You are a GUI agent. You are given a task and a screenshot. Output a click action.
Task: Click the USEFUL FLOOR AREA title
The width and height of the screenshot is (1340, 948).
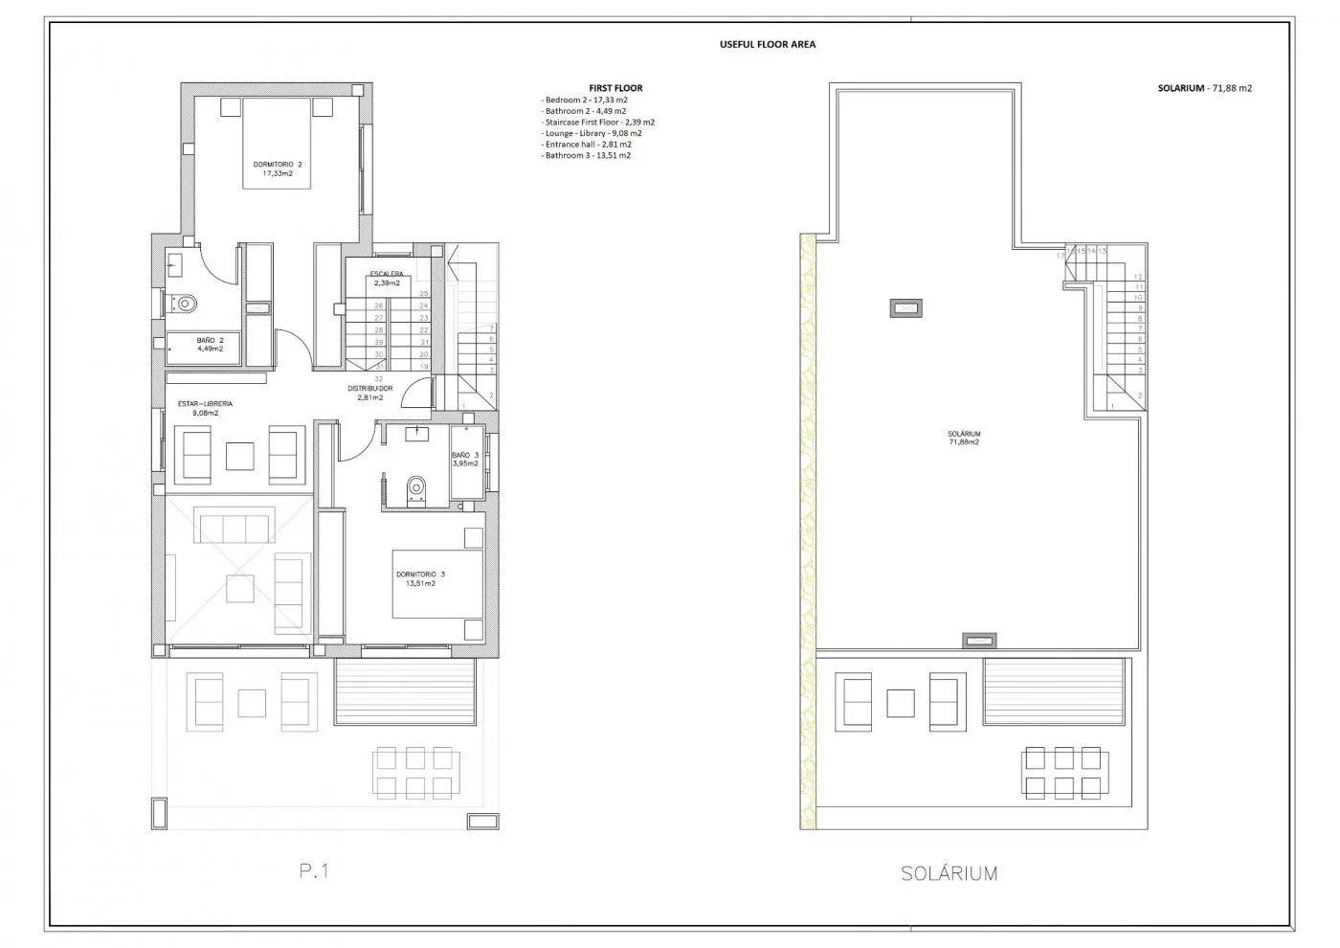pyautogui.click(x=768, y=44)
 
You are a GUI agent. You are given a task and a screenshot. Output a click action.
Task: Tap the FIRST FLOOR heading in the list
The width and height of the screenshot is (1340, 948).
pyautogui.click(x=615, y=88)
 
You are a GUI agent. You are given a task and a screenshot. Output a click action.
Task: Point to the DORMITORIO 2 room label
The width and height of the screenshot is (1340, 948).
pyautogui.click(x=278, y=169)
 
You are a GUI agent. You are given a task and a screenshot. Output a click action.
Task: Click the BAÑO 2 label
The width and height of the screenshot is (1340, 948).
pyautogui.click(x=211, y=345)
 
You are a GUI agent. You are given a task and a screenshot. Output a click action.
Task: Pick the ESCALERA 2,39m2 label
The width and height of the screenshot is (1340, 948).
pyautogui.click(x=387, y=279)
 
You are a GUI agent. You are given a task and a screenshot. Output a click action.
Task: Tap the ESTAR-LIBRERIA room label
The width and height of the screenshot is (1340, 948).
pyautogui.click(x=205, y=409)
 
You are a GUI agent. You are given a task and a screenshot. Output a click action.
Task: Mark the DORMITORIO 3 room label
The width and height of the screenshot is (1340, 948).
pyautogui.click(x=420, y=578)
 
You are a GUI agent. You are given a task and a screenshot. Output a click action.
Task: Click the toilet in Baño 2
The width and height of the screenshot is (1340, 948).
pyautogui.click(x=187, y=304)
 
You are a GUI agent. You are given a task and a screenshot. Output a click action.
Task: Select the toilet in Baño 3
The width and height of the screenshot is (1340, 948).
pyautogui.click(x=415, y=489)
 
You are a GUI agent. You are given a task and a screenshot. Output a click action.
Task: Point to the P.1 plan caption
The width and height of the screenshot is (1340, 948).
pyautogui.click(x=314, y=871)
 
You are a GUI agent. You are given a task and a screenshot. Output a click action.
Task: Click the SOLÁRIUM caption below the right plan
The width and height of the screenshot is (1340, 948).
pyautogui.click(x=949, y=873)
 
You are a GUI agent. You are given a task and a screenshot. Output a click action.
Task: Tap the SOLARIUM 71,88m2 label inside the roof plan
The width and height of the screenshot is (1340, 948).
pyautogui.click(x=964, y=438)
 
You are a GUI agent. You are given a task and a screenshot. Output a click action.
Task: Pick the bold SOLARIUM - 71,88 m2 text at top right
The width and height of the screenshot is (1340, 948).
pyautogui.click(x=1204, y=88)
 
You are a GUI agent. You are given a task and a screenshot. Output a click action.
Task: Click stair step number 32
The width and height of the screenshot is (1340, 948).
pyautogui.click(x=379, y=378)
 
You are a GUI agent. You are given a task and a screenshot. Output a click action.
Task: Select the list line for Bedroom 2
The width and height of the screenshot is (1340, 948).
pyautogui.click(x=585, y=100)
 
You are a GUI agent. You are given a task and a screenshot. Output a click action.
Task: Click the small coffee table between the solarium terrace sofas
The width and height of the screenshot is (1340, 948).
pyautogui.click(x=901, y=704)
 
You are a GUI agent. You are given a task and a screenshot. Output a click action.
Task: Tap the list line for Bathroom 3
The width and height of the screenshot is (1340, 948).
pyautogui.click(x=587, y=155)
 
